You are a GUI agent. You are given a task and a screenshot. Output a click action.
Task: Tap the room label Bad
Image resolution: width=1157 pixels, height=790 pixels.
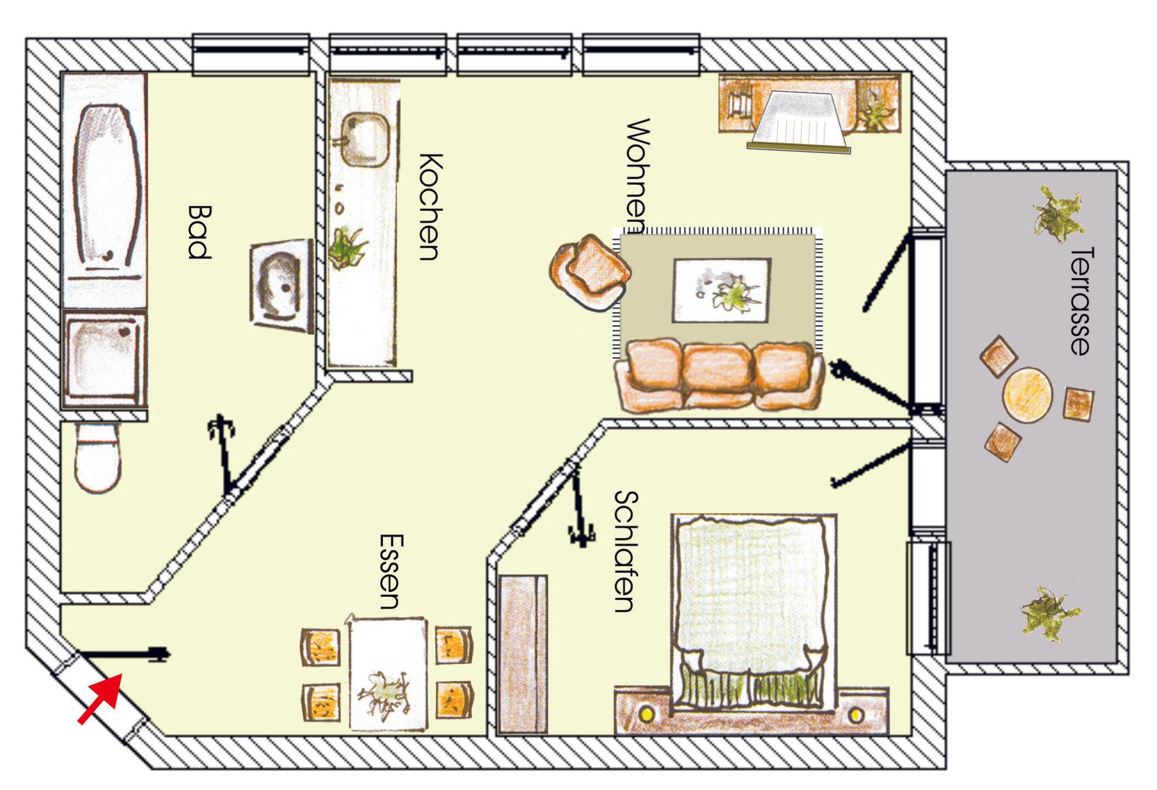click(x=199, y=232)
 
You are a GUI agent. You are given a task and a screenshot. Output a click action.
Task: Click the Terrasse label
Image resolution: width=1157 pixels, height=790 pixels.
click(x=1082, y=301)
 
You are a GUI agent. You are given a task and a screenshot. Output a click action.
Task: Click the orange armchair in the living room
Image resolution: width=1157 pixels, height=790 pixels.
click(x=590, y=273)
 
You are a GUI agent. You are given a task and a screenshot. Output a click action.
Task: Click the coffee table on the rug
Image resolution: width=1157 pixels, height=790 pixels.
click(x=721, y=290)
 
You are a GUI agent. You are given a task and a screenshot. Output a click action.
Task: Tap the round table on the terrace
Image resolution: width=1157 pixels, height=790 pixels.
click(x=1028, y=394)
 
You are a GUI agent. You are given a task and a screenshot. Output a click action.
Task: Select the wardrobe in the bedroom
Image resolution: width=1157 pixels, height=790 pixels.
click(x=522, y=655)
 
